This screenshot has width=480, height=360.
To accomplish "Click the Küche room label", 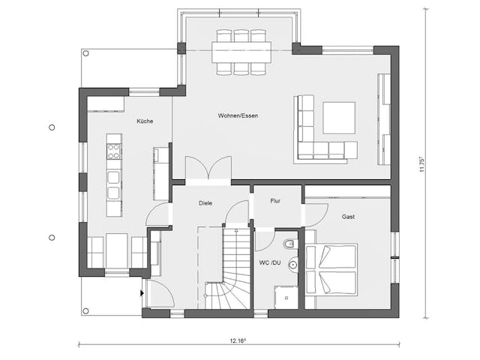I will (x=145, y=121).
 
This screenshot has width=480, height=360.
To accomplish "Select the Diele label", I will (x=205, y=203).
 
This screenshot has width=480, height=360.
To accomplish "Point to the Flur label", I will (x=275, y=200).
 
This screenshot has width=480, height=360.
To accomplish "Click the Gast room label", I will (x=348, y=216).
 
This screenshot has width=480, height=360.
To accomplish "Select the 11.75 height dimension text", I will (x=423, y=165).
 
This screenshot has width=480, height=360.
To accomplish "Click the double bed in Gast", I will (x=334, y=270).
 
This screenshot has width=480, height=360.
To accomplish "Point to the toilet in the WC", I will (x=289, y=244).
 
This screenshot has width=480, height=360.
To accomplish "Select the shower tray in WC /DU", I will (x=285, y=297).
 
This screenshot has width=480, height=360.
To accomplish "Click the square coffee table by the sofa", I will (x=339, y=117).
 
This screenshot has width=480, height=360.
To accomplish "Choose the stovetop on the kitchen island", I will (x=113, y=151).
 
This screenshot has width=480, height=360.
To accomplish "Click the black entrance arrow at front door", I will (x=142, y=293).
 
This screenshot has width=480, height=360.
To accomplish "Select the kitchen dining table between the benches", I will (x=117, y=250).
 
